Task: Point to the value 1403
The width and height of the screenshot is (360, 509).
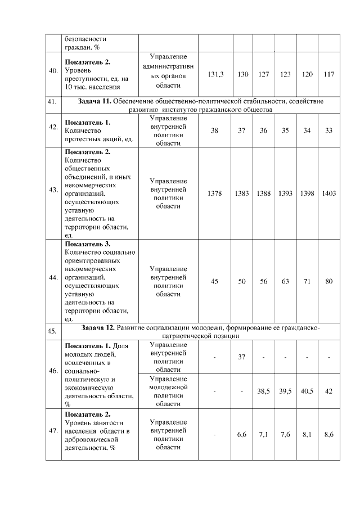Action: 329,193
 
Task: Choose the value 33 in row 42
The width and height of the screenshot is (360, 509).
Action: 329,130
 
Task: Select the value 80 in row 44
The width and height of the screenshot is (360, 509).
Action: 329,281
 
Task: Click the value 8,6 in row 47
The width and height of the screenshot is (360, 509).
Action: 329,435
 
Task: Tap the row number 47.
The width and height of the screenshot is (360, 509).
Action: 53,431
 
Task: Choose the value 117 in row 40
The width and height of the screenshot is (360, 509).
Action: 329,75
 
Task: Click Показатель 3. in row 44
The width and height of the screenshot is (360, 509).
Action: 88,244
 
